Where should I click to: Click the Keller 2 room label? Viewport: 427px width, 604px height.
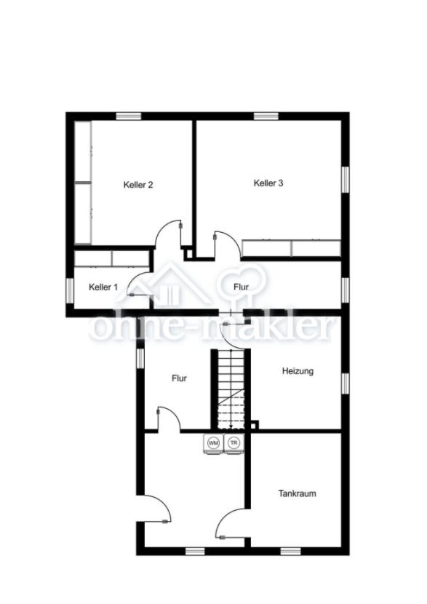click(138, 185)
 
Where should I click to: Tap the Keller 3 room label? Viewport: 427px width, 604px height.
click(268, 183)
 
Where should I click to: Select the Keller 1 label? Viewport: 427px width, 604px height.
click(103, 287)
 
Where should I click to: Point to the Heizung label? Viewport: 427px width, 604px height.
click(298, 371)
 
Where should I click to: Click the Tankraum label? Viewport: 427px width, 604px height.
click(298, 493)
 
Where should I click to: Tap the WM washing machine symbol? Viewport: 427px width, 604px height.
click(213, 443)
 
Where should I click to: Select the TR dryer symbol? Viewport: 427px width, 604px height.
click(234, 443)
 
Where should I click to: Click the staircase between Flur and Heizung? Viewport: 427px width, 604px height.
click(231, 389)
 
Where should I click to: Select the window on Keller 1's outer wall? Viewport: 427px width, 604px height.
click(70, 290)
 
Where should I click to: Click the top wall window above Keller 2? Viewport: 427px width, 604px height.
click(129, 116)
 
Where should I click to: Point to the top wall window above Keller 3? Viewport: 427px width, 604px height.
click(266, 116)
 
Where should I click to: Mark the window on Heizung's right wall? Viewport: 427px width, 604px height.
click(346, 384)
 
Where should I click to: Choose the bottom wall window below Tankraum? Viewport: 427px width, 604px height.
click(290, 552)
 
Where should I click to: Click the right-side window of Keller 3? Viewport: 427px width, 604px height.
click(346, 178)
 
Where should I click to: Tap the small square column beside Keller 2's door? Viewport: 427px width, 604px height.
click(188, 254)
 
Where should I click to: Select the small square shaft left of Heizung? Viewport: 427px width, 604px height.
click(255, 424)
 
